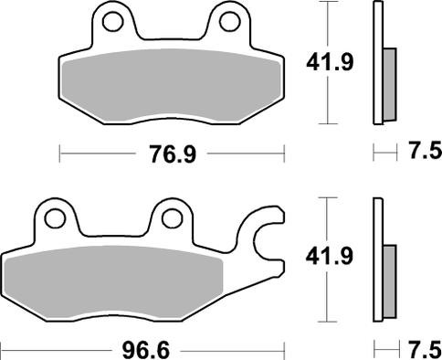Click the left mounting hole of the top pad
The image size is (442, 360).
pos(112,19)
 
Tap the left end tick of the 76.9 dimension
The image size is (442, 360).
pos(60,154)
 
